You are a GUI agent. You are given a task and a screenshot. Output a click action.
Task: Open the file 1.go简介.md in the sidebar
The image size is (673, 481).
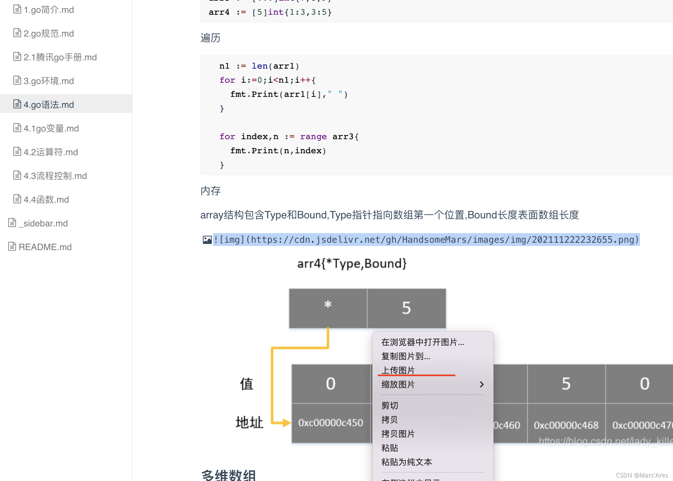coord(48,10)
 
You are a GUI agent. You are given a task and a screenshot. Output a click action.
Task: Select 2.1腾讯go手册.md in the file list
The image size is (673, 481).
coord(60,57)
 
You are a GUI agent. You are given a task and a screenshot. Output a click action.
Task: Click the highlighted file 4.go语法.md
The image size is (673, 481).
coord(48,105)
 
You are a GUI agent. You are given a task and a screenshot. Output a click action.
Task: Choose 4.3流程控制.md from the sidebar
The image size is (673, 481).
coord(55,176)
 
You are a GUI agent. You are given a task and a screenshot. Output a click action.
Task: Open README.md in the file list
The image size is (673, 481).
coord(45,247)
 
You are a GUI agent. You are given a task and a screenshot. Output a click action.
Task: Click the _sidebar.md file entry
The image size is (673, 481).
coord(43,224)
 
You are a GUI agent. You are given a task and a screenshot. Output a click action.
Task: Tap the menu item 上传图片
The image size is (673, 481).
coord(398,370)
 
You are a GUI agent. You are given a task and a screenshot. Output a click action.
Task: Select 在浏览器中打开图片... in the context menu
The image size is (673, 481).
coord(422,342)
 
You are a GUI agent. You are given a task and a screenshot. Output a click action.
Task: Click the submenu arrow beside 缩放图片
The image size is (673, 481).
coord(481,384)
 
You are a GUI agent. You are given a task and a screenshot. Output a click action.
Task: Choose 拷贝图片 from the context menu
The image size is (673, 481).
coord(398,434)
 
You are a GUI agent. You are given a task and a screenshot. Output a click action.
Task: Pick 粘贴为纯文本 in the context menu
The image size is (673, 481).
coord(406,462)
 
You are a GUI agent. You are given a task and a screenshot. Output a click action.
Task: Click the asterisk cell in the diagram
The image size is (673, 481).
coord(328,308)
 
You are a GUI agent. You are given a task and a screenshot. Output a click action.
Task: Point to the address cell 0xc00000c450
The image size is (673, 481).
coord(331,423)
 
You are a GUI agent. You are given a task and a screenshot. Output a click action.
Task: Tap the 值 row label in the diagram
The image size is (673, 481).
coord(247,384)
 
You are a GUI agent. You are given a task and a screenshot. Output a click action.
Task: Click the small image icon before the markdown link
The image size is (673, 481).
coord(207,240)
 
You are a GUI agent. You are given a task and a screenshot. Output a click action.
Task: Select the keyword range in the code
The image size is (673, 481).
coord(313,137)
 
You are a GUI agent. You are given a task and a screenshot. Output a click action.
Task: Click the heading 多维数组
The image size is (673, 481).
coord(228,475)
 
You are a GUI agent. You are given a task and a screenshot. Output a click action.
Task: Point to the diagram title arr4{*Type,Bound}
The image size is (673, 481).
coord(352,264)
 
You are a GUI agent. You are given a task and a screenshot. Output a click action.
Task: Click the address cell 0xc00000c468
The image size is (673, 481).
coord(566,425)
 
